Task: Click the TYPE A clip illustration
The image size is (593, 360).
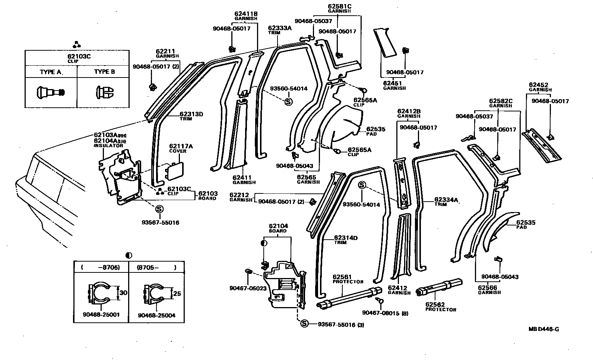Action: click(x=51, y=92)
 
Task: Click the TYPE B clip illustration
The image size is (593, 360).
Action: click(x=105, y=92)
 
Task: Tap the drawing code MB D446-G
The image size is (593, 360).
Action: click(x=543, y=329)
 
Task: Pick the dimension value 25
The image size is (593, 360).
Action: click(x=177, y=294)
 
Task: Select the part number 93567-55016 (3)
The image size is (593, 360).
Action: click(x=340, y=325)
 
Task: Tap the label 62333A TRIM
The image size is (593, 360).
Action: click(x=279, y=30)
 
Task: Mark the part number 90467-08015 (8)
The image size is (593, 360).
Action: click(x=385, y=313)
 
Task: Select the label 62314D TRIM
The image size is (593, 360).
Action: click(x=346, y=240)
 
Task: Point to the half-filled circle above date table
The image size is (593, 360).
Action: click(x=129, y=256)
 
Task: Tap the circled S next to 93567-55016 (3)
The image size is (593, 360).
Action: click(x=304, y=324)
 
